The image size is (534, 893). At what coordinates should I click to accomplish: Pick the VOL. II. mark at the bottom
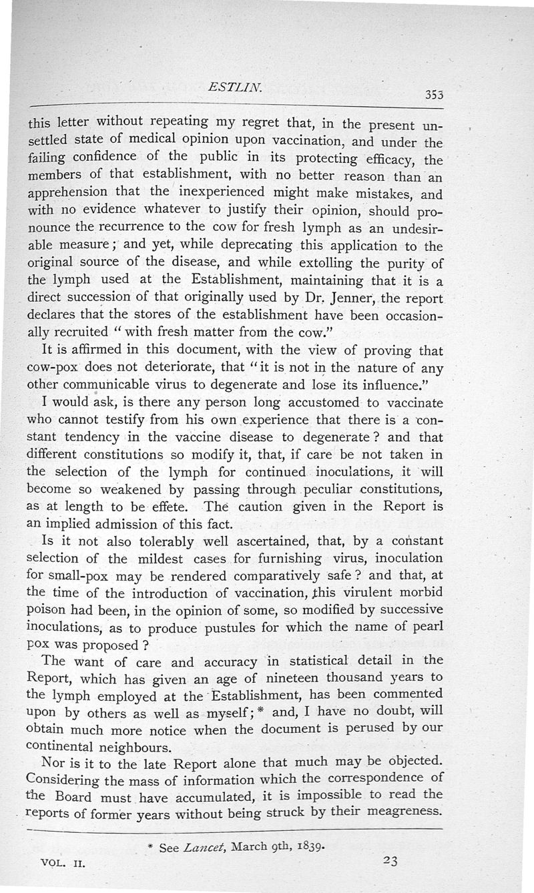pos(64,862)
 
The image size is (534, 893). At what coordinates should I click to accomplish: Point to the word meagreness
pos(403,811)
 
